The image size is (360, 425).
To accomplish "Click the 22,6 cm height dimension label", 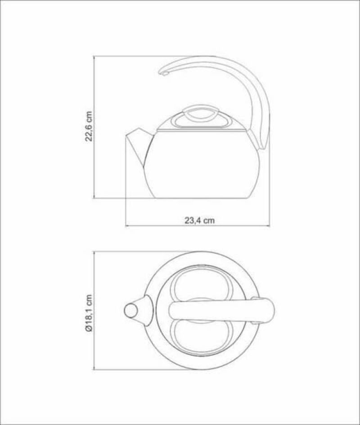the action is tap(89, 126).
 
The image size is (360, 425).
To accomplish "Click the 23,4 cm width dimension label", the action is tap(199, 221).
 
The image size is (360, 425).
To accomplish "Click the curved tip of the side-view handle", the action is tap(164, 72).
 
